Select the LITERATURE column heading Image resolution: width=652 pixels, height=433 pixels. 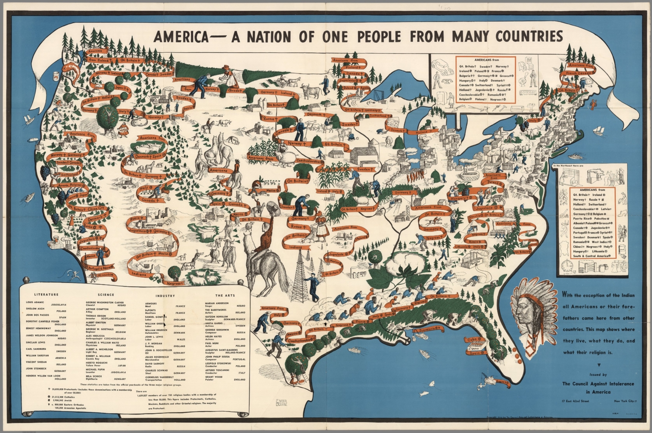pyautogui.click(x=46, y=294)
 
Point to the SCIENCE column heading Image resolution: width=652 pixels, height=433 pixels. pyautogui.click(x=105, y=294)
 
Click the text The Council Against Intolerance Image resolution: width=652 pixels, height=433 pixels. pyautogui.click(x=598, y=384)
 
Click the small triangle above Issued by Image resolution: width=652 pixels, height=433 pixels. pyautogui.click(x=599, y=365)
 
